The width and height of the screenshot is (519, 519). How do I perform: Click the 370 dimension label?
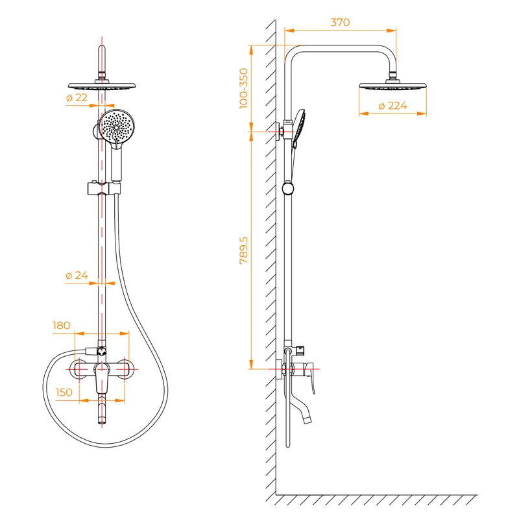pos(340,22)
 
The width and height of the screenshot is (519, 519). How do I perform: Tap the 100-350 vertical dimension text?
pos(244,87)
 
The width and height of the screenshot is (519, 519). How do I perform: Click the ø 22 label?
pos(77,97)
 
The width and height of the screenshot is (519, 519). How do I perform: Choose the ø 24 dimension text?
pos(77,275)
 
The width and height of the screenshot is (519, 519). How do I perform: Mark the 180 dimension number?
pos(62,325)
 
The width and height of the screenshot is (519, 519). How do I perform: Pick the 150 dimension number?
pos(64,392)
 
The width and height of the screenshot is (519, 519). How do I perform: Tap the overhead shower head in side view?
pos(392,86)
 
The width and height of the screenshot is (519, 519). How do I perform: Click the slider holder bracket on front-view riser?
pos(103,189)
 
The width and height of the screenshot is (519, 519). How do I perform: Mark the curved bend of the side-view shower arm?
pos(293,52)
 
